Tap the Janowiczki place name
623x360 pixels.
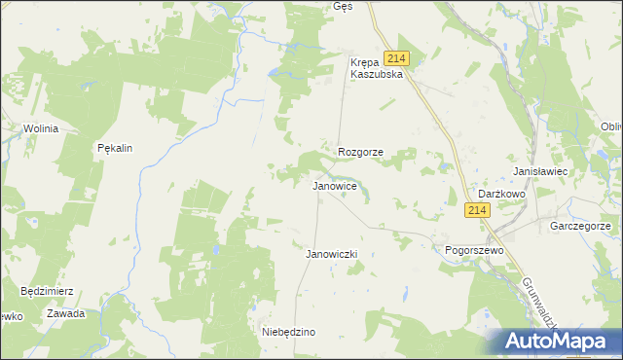[333, 254]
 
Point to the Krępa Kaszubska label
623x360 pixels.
[376, 68]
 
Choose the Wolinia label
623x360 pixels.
[43, 128]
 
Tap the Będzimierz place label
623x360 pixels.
[47, 291]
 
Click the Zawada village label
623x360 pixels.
[66, 313]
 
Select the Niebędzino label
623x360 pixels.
[289, 332]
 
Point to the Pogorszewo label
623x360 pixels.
[473, 250]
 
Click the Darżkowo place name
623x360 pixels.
[502, 194]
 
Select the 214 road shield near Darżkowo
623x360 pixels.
[476, 211]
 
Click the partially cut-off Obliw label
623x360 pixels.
[611, 127]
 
